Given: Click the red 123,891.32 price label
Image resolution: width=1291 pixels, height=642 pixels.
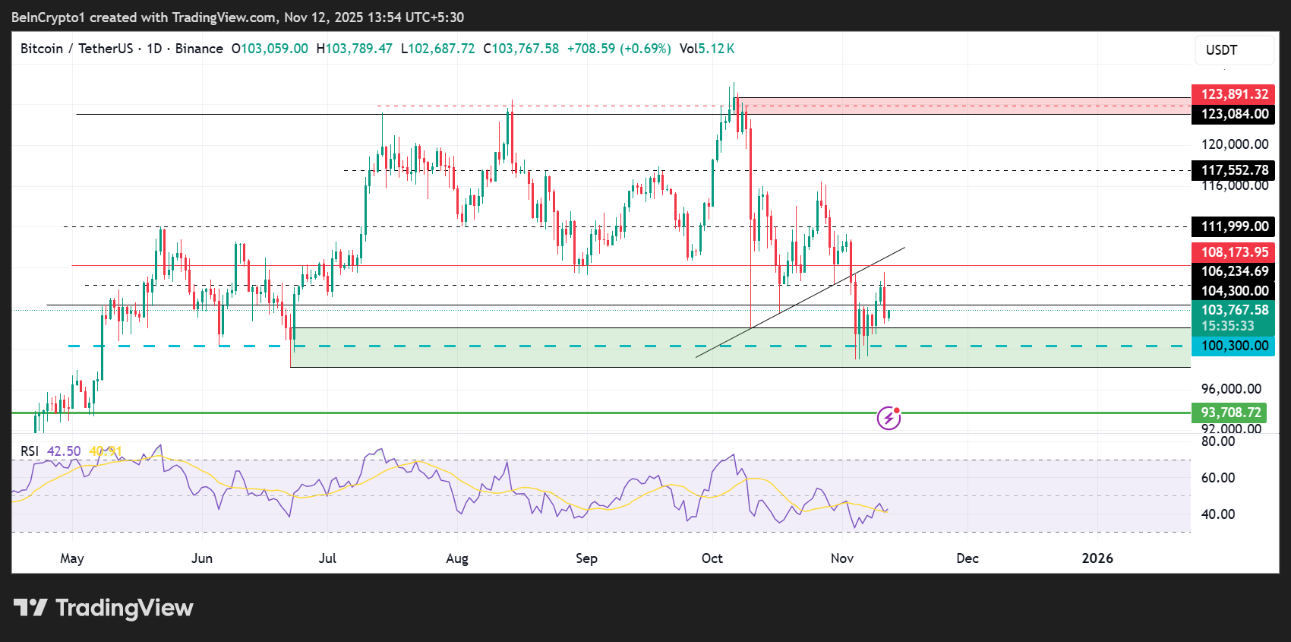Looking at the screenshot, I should point(1233,94).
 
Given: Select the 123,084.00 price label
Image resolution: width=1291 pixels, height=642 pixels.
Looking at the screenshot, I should point(1233,114).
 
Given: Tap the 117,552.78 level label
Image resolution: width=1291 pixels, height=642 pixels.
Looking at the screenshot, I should point(1233,170).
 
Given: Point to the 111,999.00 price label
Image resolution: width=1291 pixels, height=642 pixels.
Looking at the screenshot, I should point(1233,226).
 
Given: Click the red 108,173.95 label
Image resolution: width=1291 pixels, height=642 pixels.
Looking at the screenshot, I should point(1233,252).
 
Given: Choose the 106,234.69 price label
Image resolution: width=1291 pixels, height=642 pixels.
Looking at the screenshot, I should point(1233,271).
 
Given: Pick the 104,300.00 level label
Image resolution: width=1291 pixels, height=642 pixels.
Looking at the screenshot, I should point(1233,291).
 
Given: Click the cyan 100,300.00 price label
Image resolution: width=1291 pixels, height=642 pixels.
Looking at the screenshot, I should point(1233,346).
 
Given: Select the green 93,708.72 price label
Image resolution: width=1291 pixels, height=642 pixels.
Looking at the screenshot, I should point(1230,413).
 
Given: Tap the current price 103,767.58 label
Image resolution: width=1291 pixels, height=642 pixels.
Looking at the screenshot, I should point(1233,311).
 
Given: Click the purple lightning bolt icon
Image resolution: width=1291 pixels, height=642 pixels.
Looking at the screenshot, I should point(889,418).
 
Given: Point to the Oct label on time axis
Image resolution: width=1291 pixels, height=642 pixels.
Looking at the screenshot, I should point(712,558).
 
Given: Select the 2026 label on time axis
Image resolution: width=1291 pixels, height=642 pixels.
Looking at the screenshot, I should point(1097,558).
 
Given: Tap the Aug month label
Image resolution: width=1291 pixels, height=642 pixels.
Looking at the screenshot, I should point(456,558).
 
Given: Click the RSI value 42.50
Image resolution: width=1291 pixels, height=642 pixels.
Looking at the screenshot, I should point(64,451).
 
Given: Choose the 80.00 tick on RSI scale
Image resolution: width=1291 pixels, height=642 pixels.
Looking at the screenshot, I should point(1217,441).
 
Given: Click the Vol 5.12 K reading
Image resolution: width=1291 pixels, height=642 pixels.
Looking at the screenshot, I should point(706,49).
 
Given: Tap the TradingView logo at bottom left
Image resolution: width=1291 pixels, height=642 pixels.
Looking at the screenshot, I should point(103,608).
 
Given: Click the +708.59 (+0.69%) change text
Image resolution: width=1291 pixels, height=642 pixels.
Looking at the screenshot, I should point(618,49).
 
